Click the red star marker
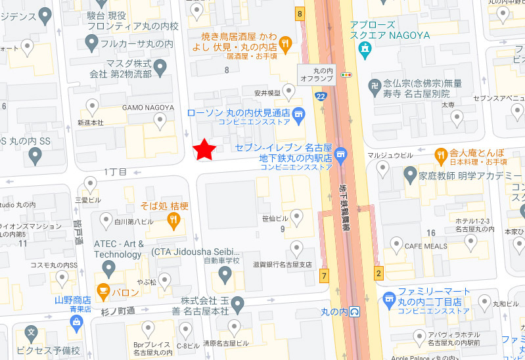205,149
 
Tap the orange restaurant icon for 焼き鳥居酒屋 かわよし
285,43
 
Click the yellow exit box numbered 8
300,13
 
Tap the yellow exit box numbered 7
324,275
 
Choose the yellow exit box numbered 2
378,272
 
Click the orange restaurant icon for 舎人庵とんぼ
441,155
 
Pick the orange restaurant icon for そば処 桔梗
174,221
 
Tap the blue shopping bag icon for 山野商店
77,322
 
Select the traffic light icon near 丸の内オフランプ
346,76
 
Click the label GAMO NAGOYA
148,107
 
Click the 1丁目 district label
115,172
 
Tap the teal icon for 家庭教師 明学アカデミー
411,176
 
